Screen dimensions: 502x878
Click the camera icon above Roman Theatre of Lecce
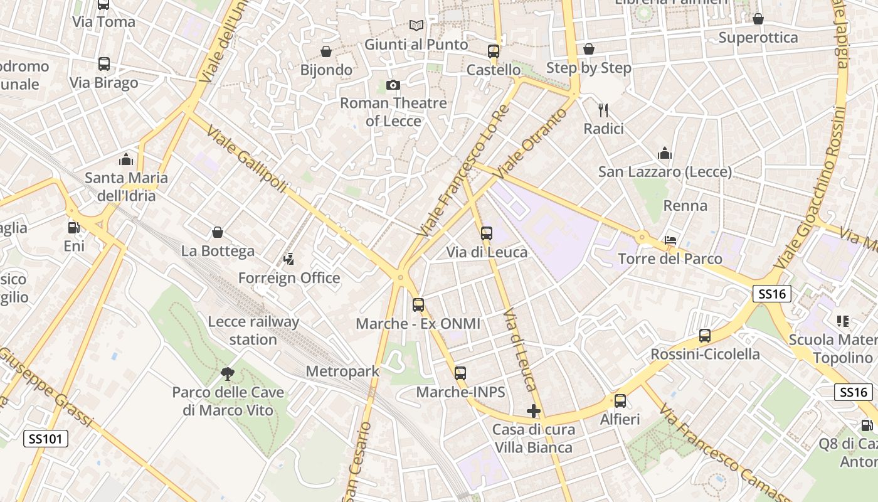(393, 85)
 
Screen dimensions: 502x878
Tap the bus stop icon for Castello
(494, 51)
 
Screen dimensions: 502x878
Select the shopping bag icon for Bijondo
(326, 51)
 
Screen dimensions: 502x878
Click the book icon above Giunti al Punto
(416, 26)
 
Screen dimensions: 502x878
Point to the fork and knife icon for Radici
(603, 110)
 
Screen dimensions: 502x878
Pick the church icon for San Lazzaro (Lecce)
(665, 153)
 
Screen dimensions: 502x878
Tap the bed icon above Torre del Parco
(670, 240)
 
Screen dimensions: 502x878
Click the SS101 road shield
(46, 438)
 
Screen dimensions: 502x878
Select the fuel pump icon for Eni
(73, 228)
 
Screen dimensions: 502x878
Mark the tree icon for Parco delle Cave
(228, 374)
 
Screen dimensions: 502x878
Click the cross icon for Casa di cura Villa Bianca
(534, 411)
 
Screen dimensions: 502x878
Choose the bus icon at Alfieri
(620, 400)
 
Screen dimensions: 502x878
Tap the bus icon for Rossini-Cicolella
(705, 336)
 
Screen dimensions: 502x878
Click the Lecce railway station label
(253, 331)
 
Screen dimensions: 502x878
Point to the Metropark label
(342, 371)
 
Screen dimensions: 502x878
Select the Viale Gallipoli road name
(246, 159)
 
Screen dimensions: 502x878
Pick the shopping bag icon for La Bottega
(218, 233)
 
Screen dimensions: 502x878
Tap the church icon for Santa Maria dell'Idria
(126, 159)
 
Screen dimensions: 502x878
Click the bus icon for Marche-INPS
(460, 373)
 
